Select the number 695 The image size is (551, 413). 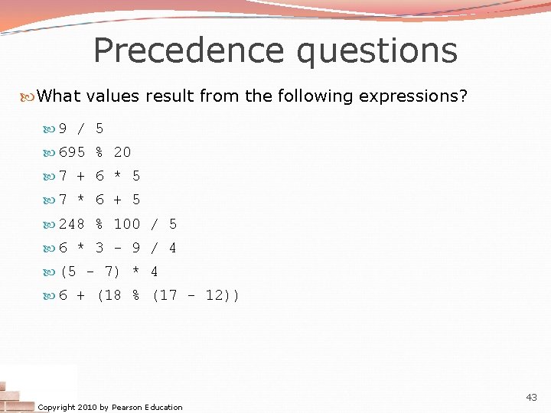(x=72, y=152)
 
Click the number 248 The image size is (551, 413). (x=72, y=224)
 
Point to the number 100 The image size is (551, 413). (x=127, y=224)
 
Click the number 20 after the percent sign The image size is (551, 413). (x=122, y=152)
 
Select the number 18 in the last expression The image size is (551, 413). (x=113, y=295)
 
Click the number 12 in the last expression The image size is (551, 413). (x=215, y=295)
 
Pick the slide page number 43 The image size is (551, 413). (x=531, y=397)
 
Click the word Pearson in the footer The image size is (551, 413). (x=127, y=407)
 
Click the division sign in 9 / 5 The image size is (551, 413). (x=81, y=128)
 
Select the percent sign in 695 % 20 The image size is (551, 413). (x=99, y=152)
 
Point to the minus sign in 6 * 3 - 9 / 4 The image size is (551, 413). (x=118, y=248)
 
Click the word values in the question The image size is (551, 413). (x=112, y=96)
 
